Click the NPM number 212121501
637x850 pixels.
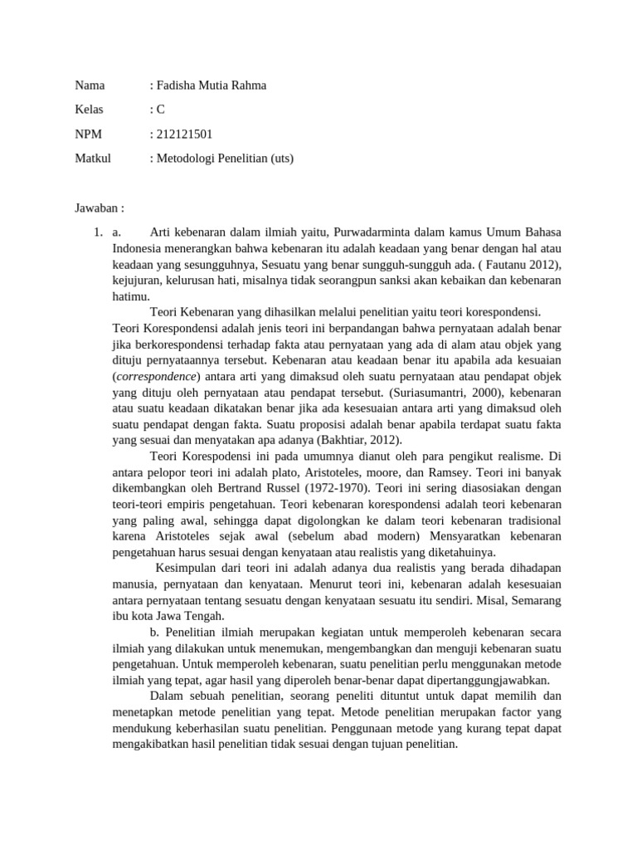184,134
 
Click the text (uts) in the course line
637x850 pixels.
278,158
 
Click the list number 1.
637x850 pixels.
96,232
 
